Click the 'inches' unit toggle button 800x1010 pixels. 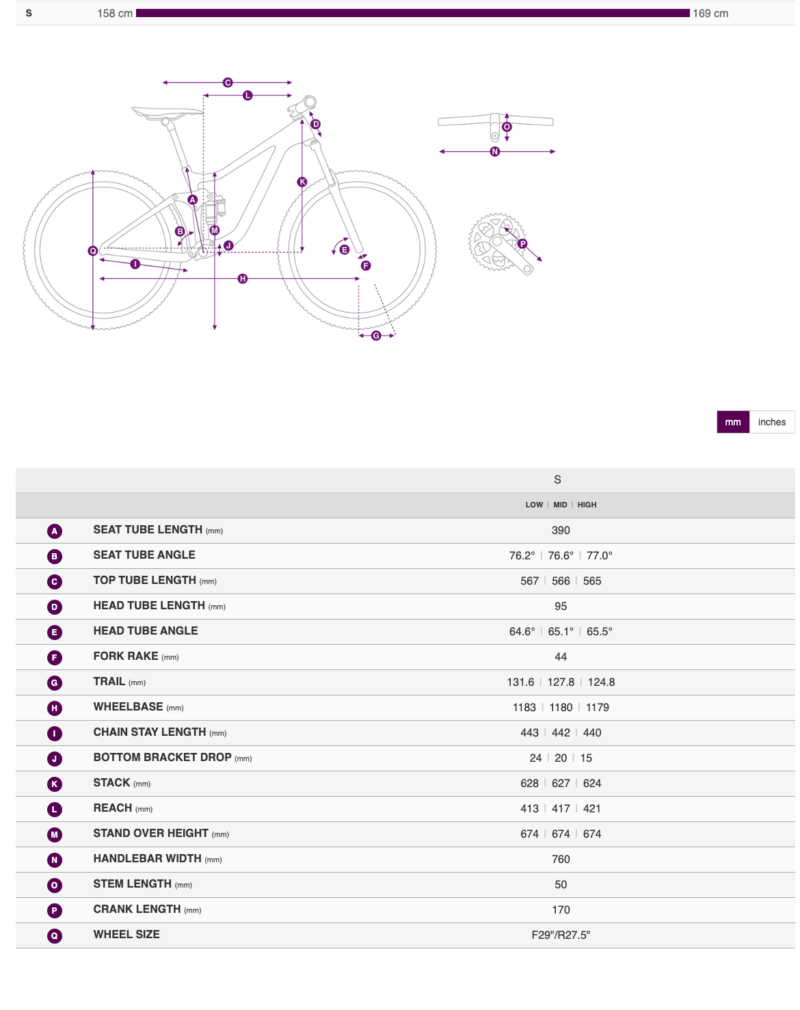pyautogui.click(x=771, y=422)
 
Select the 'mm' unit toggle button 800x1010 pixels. pyautogui.click(x=732, y=422)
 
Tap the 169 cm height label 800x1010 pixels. pyautogui.click(x=710, y=14)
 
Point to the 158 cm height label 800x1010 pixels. pyautogui.click(x=115, y=14)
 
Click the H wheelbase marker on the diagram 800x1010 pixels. pyautogui.click(x=243, y=279)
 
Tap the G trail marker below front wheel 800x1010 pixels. pyautogui.click(x=376, y=336)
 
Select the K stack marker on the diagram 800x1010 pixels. pyautogui.click(x=302, y=182)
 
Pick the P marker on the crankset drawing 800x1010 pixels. pyautogui.click(x=522, y=244)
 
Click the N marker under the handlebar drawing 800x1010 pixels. pyautogui.click(x=495, y=152)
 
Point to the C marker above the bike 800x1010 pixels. pyautogui.click(x=228, y=83)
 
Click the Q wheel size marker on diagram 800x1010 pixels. pyautogui.click(x=93, y=251)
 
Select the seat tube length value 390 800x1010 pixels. pyautogui.click(x=561, y=531)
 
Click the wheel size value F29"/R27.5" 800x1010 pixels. pyautogui.click(x=561, y=935)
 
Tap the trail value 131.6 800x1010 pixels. pyautogui.click(x=520, y=682)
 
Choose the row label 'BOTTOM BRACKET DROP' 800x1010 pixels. pyautogui.click(x=163, y=758)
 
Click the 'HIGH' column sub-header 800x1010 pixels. pyautogui.click(x=587, y=505)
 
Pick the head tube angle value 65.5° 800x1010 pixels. pyautogui.click(x=600, y=632)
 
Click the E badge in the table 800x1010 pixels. pyautogui.click(x=55, y=633)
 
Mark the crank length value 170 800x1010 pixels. pyautogui.click(x=561, y=910)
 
